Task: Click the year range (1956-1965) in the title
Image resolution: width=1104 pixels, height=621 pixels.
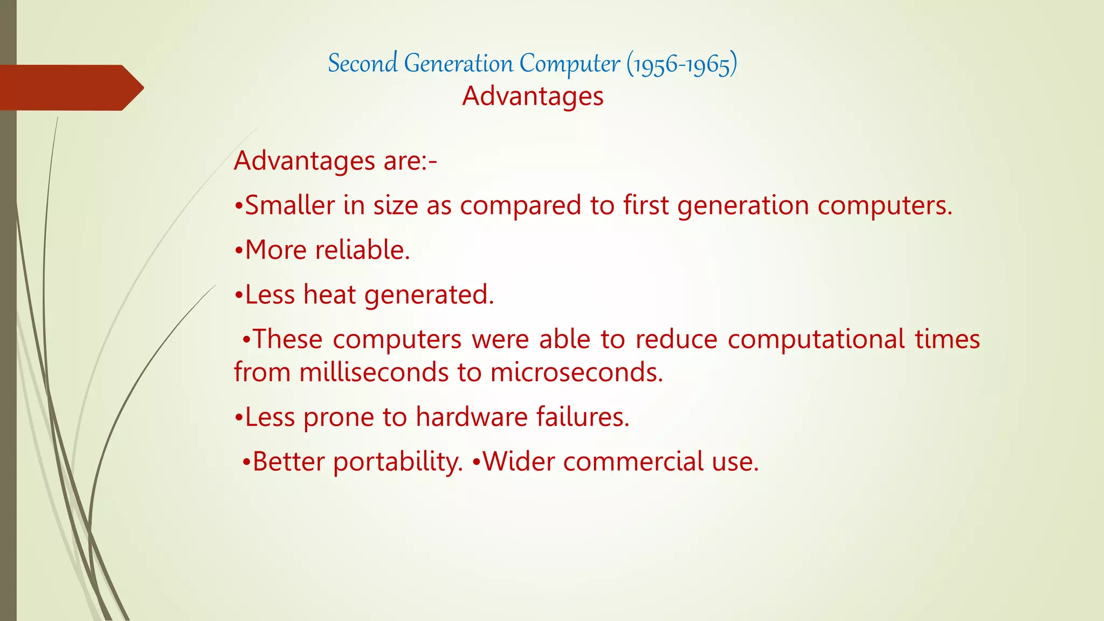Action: (x=681, y=64)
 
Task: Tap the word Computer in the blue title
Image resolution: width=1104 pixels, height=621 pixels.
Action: (x=569, y=64)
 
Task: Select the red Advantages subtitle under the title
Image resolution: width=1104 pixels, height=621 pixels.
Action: (x=533, y=96)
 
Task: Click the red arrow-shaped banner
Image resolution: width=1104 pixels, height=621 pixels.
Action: (x=70, y=88)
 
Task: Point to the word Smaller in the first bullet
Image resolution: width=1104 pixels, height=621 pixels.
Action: (x=289, y=206)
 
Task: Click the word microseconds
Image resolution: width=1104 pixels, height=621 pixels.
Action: (x=576, y=372)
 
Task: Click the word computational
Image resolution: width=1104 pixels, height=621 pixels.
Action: (x=816, y=340)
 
